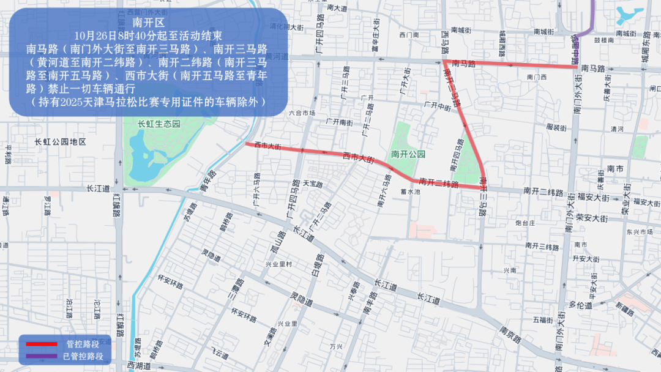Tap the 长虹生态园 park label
click(x=159, y=124)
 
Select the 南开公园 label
click(x=408, y=154)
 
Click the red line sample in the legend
click(x=40, y=344)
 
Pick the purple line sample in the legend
click(x=40, y=355)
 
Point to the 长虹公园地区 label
click(x=61, y=142)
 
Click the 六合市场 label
click(x=302, y=113)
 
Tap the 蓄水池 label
click(x=410, y=192)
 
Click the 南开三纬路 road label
click(x=542, y=246)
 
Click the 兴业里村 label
click(x=278, y=264)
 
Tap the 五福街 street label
click(x=543, y=319)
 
